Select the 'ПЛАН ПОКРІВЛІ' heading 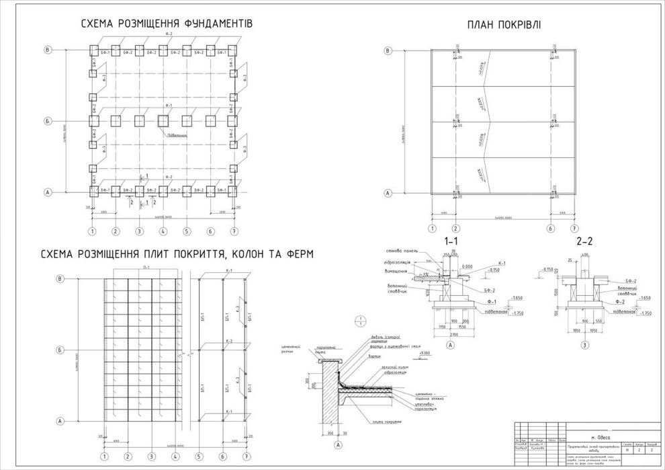tap(504, 25)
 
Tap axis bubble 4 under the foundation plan tap(163, 231)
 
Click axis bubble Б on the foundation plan tap(48, 121)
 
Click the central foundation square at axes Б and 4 tap(163, 121)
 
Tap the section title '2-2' tap(584, 240)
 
